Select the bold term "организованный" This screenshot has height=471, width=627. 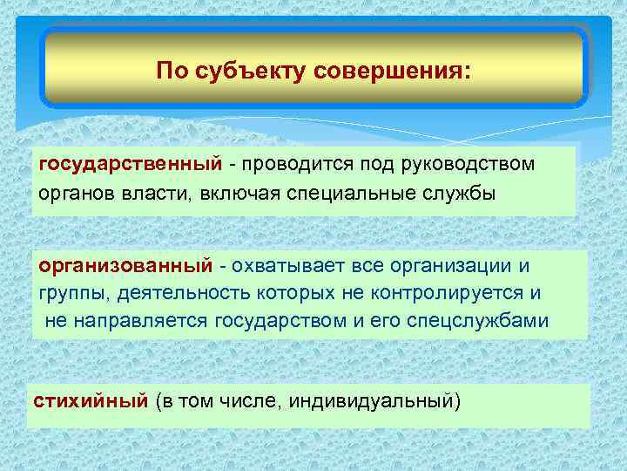[x=125, y=264]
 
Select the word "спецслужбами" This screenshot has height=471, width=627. [x=487, y=320]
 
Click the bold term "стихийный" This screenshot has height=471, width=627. [x=90, y=401]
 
